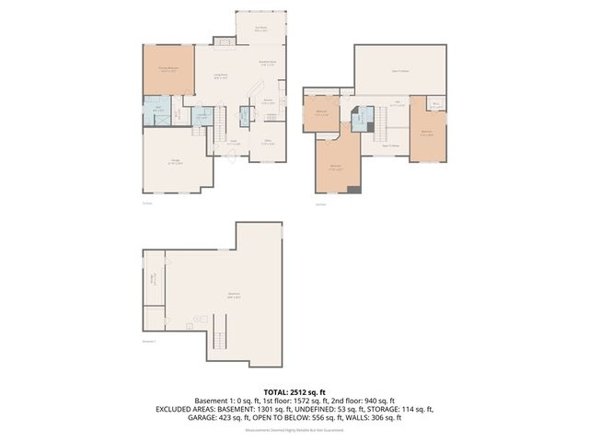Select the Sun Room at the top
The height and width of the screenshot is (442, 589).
[x=260, y=28]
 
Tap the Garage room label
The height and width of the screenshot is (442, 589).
[x=175, y=162]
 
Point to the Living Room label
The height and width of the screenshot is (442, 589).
[x=221, y=76]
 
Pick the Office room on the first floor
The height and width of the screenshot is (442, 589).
[x=267, y=142]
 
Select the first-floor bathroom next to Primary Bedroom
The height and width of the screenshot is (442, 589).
[x=158, y=111]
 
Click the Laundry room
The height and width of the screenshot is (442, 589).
[x=201, y=117]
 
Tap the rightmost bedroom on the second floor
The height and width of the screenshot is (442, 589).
[x=426, y=132]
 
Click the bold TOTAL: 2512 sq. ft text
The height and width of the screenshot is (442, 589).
[x=294, y=391]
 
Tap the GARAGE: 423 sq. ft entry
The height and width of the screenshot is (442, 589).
[x=226, y=417]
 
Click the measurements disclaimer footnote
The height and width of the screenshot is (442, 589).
[x=294, y=430]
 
